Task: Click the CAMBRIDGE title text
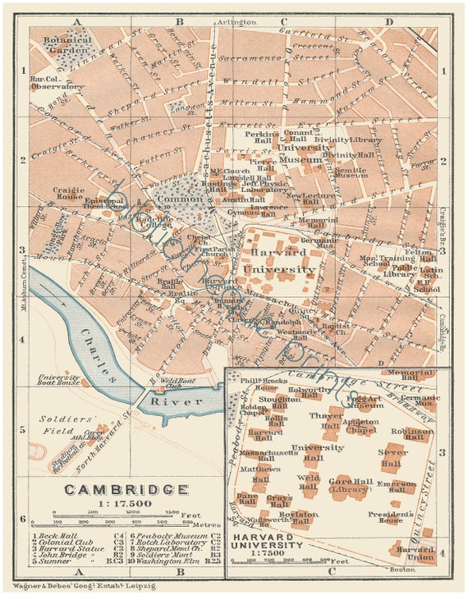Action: [126, 490]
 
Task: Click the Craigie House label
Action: [70, 194]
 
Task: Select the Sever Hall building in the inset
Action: [391, 458]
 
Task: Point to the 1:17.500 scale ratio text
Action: [125, 504]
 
